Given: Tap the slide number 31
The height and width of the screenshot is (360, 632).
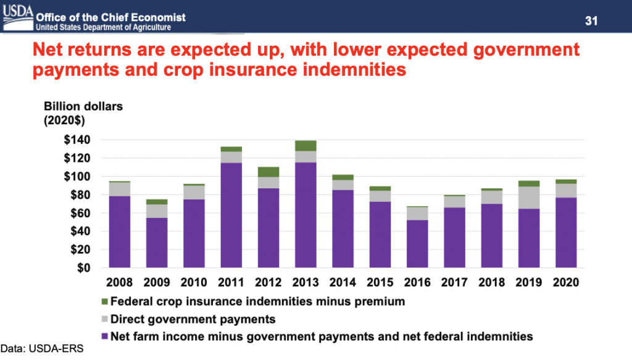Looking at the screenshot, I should pos(592,21).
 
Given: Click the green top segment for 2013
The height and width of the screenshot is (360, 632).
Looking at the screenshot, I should pos(306,146).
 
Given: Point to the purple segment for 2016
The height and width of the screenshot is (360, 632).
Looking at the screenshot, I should pos(418,244).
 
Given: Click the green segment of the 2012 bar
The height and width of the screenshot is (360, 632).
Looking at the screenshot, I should pos(268,172).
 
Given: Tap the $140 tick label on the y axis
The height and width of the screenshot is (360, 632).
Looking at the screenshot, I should pos(77,140).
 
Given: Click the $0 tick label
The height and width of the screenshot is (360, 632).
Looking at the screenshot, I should pos(83,268).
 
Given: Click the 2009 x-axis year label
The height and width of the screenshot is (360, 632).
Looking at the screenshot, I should pos(156,283).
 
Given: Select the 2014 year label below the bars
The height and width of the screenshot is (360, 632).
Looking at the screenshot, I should pos(343,283).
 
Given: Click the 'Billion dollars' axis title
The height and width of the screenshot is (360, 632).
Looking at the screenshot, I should pos(83,106).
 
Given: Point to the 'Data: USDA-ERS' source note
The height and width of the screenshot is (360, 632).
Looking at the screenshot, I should pos(41,349).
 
